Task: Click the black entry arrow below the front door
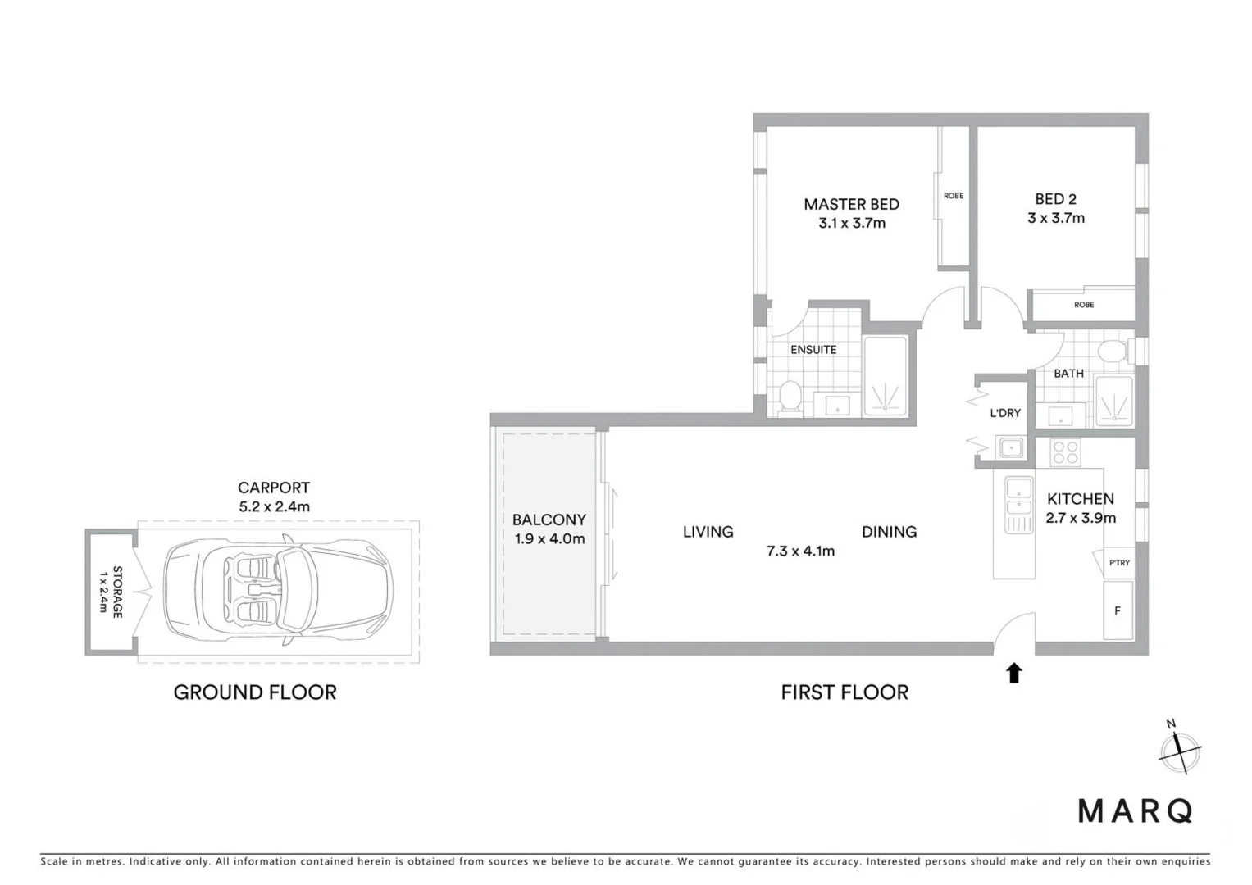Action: click(1014, 673)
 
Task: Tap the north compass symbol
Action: click(1180, 748)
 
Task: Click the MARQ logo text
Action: click(1135, 810)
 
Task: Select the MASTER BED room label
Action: click(851, 204)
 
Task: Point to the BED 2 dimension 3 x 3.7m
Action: click(1055, 218)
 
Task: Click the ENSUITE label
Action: click(813, 350)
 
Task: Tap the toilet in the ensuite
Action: click(790, 397)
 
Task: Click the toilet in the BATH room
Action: click(1112, 352)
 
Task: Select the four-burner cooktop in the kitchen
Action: click(1065, 453)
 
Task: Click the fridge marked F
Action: click(1117, 610)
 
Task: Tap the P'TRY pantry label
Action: click(1118, 563)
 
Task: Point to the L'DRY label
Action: click(1005, 413)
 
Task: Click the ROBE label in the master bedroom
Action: click(953, 196)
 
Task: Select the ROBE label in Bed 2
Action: click(1083, 305)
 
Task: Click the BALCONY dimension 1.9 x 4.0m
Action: click(549, 539)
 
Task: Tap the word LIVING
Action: click(708, 532)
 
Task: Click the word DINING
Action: click(889, 532)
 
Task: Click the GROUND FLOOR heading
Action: click(255, 692)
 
